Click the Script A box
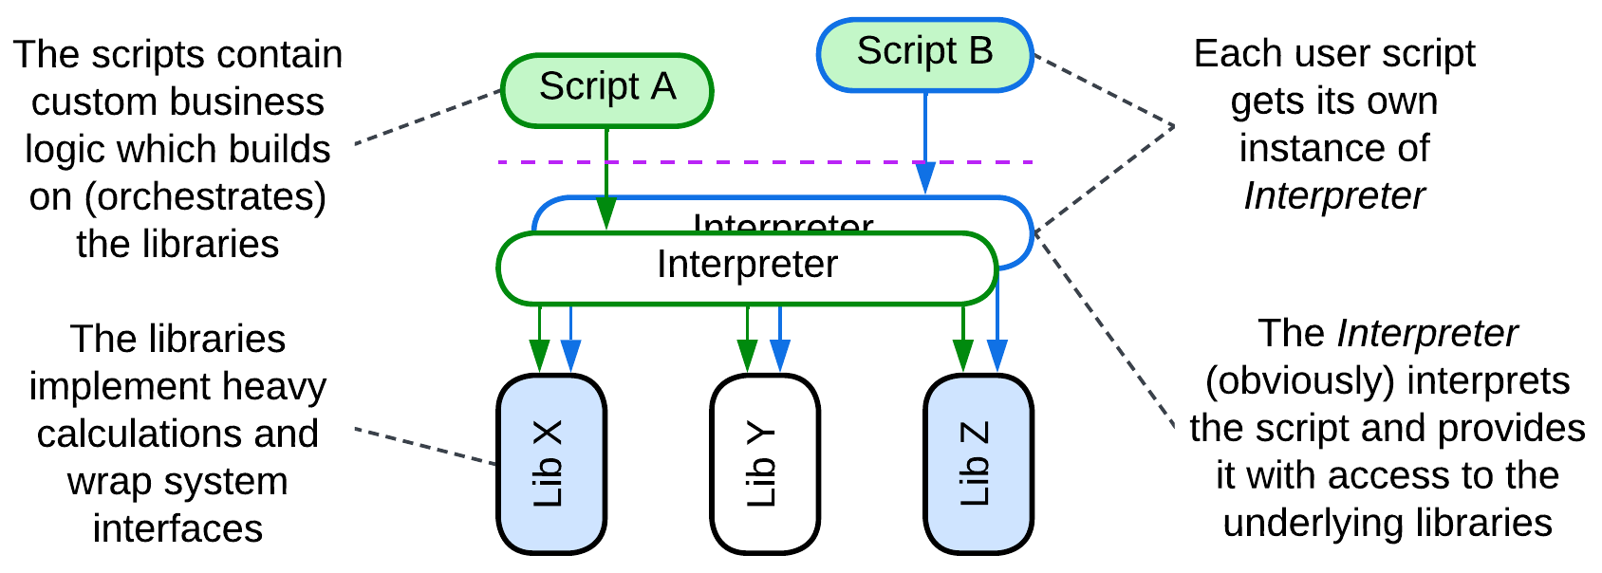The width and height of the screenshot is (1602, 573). click(606, 90)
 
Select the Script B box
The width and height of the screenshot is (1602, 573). click(924, 54)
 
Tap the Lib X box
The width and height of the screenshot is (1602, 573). click(551, 464)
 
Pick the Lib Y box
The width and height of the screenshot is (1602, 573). click(764, 464)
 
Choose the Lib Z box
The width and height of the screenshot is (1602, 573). click(978, 464)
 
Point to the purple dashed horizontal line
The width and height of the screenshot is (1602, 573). click(759, 162)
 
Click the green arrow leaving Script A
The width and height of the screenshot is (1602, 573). click(606, 171)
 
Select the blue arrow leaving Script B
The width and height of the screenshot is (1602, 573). click(925, 133)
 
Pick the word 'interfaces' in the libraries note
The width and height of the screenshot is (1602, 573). click(177, 528)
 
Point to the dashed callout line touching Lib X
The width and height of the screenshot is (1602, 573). click(427, 447)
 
